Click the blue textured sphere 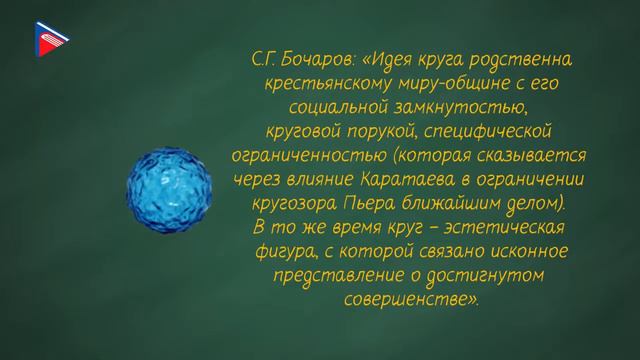pyautogui.click(x=169, y=182)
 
